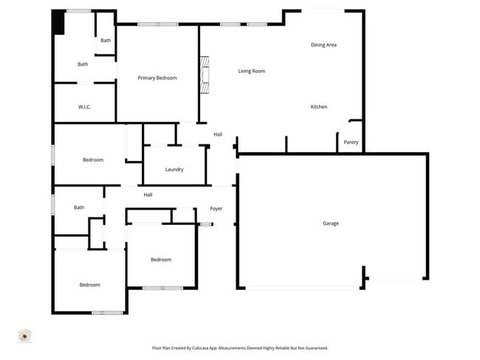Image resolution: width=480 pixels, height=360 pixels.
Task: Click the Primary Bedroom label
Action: point(157,77)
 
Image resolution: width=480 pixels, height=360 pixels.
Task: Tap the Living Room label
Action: point(251,71)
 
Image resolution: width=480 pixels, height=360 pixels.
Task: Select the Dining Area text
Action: point(323,45)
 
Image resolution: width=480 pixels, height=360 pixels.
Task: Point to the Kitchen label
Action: point(318,107)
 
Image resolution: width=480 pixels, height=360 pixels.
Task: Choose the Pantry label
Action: point(351,142)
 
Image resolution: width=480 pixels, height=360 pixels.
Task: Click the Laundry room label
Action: point(174,170)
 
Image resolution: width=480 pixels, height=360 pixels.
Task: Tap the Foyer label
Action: point(216,209)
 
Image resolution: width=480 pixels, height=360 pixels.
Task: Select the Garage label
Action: point(330,223)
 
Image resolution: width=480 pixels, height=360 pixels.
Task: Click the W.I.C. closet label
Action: point(84,107)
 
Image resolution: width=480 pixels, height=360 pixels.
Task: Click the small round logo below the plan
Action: point(24,336)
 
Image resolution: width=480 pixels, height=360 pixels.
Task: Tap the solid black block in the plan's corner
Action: point(58,22)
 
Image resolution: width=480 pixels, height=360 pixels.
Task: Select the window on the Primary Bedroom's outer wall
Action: point(157,24)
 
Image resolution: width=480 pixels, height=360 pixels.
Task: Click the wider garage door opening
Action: point(303,288)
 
